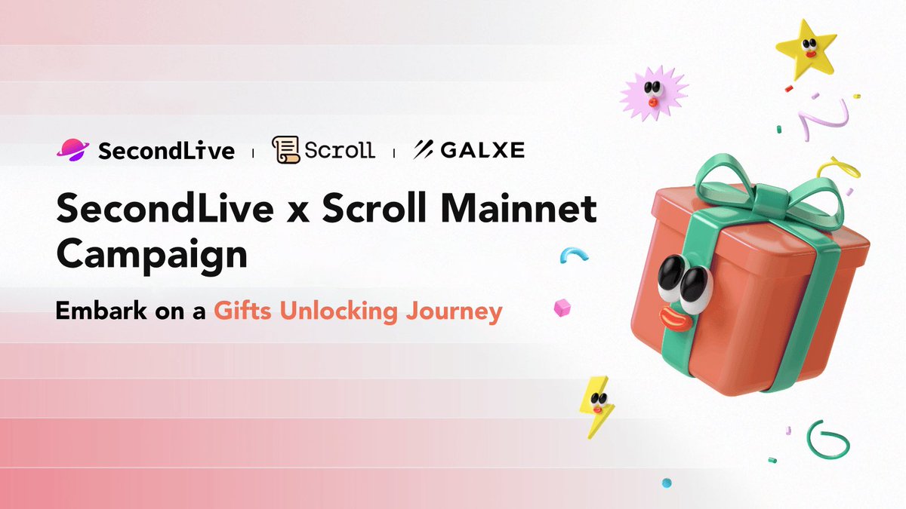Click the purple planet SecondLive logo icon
point(72,149)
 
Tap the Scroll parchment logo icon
point(285,149)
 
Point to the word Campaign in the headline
point(152,255)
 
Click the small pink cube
point(561,308)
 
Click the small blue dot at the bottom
point(666,482)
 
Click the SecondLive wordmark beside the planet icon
point(166,150)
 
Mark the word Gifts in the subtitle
point(240,311)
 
